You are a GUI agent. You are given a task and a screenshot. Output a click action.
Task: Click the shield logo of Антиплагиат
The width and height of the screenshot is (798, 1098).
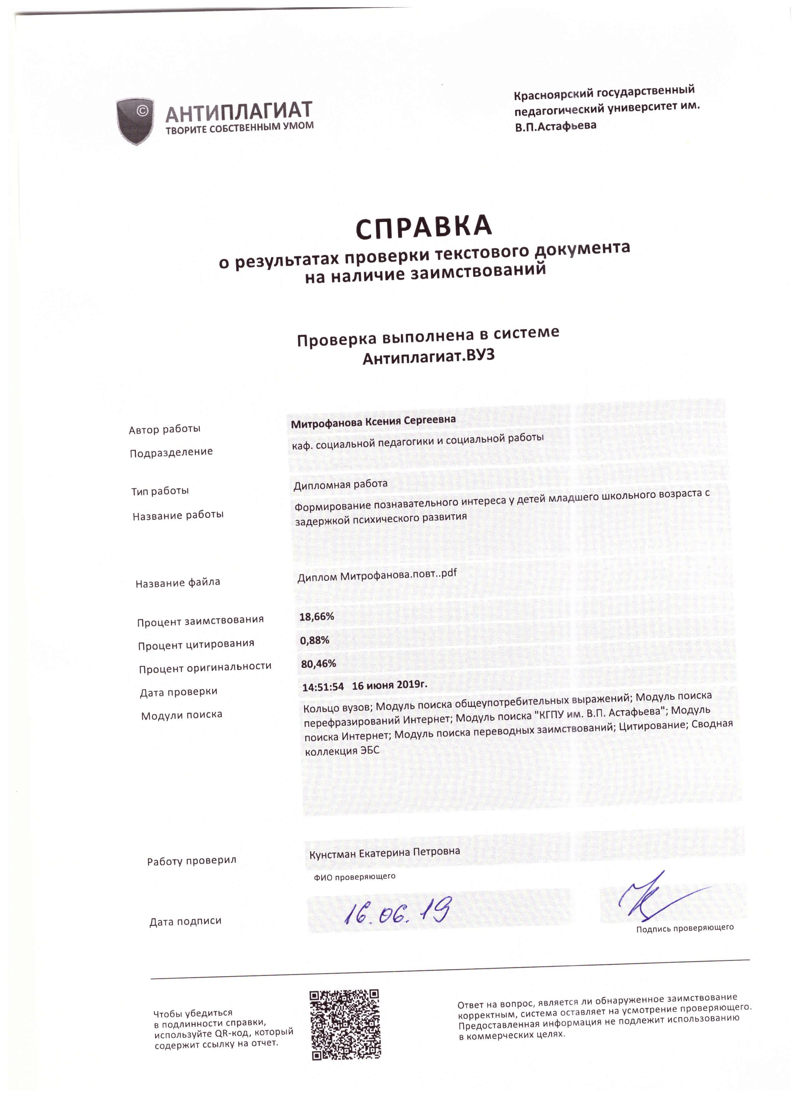pyautogui.click(x=135, y=121)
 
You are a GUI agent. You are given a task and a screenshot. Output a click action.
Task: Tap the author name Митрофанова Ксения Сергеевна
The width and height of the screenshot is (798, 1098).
pyautogui.click(x=373, y=421)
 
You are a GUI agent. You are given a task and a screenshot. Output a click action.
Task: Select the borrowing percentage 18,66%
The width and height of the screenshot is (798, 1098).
pyautogui.click(x=317, y=616)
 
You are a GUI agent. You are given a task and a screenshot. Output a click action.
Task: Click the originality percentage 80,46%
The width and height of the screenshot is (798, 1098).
pyautogui.click(x=318, y=663)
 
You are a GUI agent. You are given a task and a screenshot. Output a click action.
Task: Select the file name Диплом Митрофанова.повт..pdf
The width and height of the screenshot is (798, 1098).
pyautogui.click(x=377, y=576)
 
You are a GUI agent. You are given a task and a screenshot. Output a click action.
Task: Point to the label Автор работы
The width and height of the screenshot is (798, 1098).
pyautogui.click(x=164, y=429)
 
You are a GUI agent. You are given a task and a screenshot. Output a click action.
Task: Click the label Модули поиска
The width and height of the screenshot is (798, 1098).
pyautogui.click(x=181, y=715)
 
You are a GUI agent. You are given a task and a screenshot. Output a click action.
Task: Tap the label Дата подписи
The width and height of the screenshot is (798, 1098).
pyautogui.click(x=185, y=921)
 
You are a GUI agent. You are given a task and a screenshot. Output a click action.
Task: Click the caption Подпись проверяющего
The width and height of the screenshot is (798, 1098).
pyautogui.click(x=685, y=928)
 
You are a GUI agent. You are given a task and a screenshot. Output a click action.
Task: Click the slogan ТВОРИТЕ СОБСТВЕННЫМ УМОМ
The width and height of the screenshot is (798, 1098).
pyautogui.click(x=240, y=128)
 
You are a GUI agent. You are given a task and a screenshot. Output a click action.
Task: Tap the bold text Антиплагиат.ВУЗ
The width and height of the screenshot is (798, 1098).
pyautogui.click(x=429, y=357)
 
